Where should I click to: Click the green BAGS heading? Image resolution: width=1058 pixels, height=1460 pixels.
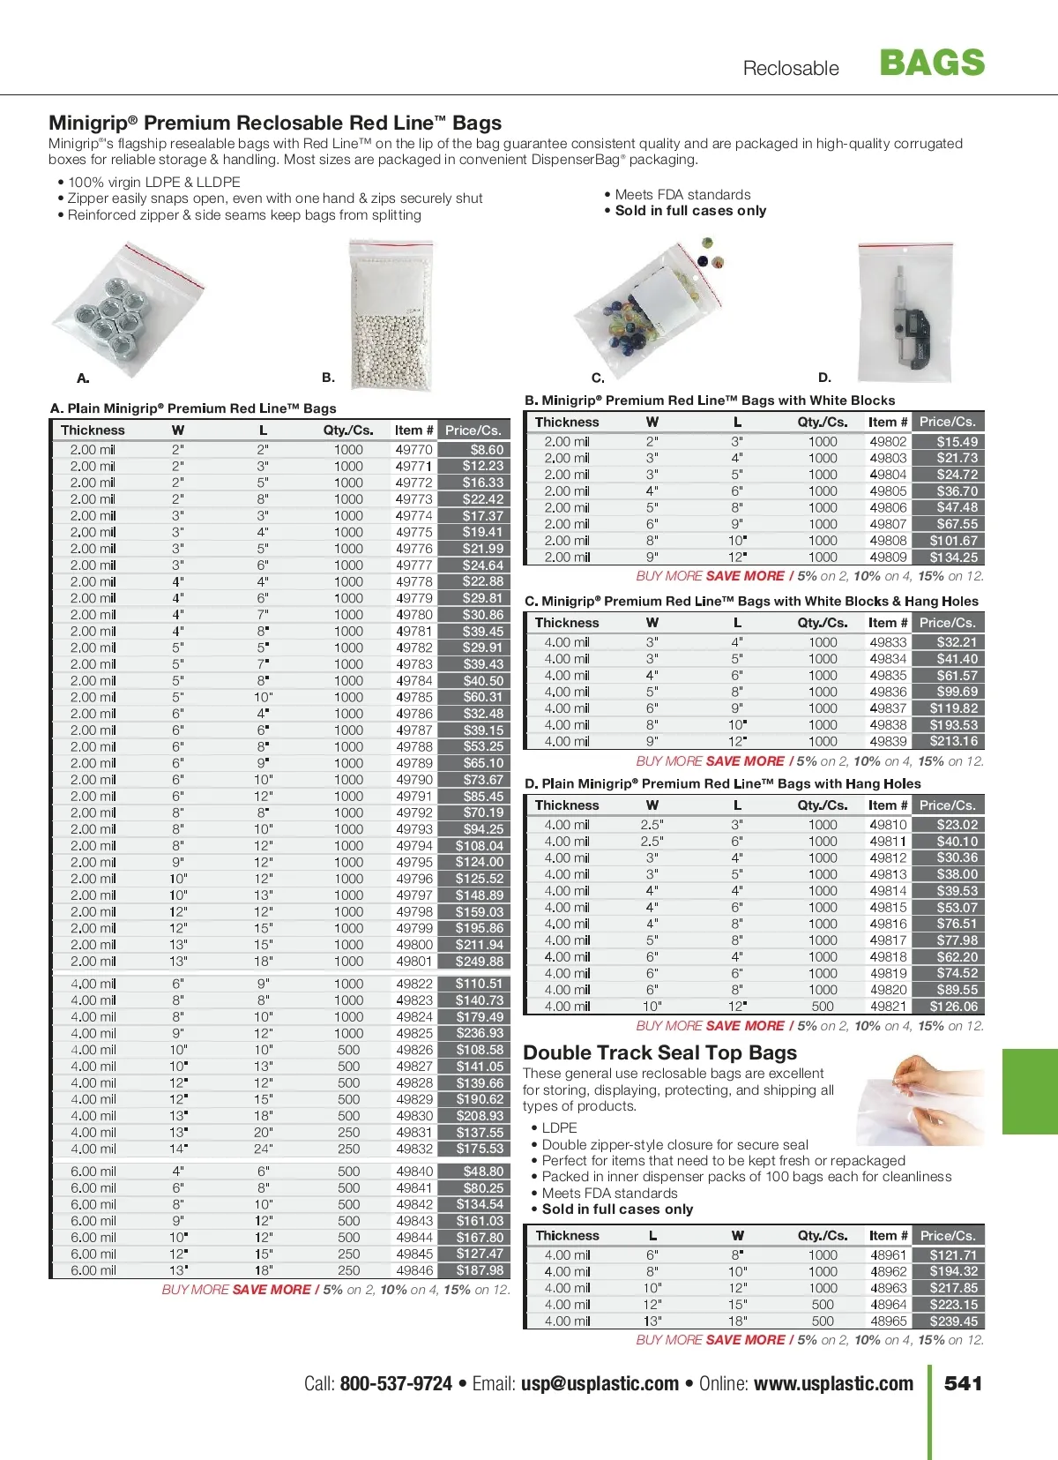[932, 63]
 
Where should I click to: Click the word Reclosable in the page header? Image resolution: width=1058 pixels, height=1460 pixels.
[791, 69]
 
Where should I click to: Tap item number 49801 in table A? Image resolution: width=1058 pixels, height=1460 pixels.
[414, 962]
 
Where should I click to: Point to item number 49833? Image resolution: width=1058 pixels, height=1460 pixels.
[888, 642]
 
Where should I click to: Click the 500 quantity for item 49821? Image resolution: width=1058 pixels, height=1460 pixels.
[823, 1007]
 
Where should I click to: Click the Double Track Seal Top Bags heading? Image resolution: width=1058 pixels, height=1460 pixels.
[659, 1052]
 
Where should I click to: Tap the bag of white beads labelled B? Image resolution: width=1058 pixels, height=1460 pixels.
[391, 316]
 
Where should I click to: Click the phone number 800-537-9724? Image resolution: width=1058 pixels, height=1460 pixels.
[396, 1383]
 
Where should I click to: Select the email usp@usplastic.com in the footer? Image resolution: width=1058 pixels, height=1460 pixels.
[600, 1383]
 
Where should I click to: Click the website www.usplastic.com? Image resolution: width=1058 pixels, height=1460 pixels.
[833, 1383]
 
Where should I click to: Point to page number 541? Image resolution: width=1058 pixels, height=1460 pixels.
[963, 1383]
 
